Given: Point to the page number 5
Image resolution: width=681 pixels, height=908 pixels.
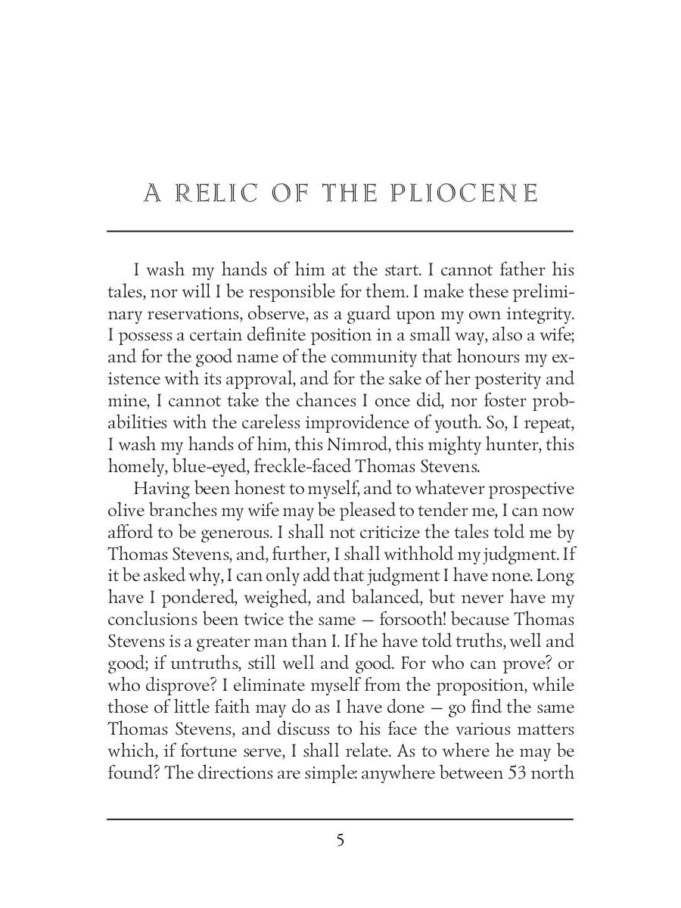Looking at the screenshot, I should (340, 841).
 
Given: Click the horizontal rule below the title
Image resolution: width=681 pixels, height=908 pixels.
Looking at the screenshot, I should (340, 231).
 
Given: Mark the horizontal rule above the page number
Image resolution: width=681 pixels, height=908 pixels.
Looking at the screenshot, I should (340, 819).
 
